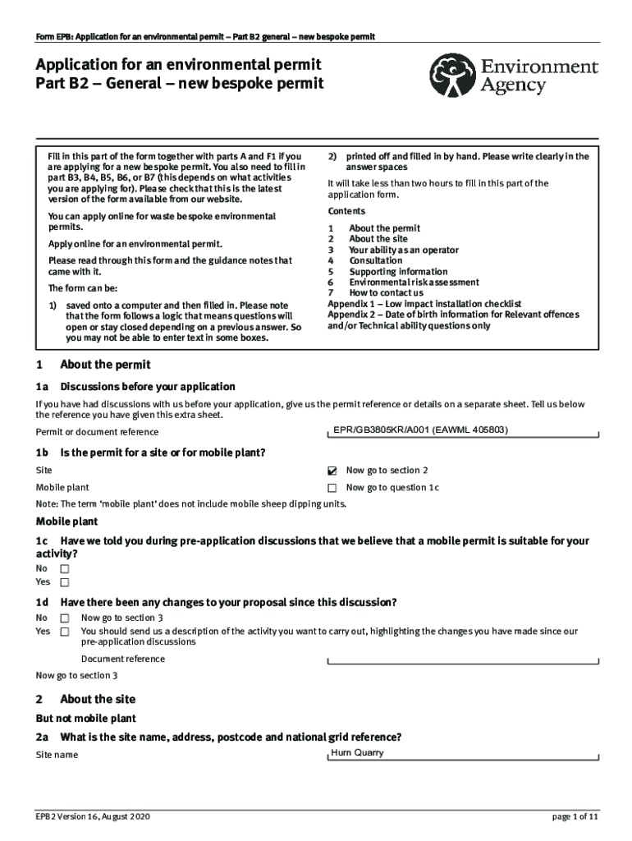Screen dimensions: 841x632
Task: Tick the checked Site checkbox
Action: tap(332, 471)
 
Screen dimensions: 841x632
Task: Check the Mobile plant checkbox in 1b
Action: tap(332, 488)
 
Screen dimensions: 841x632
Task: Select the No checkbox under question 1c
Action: tap(65, 568)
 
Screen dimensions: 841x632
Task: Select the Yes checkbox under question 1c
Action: tap(65, 582)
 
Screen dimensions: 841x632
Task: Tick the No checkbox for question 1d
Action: tap(65, 618)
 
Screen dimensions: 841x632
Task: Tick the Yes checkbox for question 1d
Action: tap(65, 632)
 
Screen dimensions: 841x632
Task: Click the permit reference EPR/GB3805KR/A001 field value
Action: tap(420, 430)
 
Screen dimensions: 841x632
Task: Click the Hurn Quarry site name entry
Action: tap(357, 752)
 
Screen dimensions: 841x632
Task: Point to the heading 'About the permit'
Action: tap(105, 365)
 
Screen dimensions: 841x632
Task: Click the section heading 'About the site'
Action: tap(98, 699)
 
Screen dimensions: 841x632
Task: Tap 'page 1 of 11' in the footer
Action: tap(575, 817)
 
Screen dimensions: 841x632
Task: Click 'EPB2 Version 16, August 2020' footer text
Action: tap(93, 817)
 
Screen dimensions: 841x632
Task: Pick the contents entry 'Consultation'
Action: tap(375, 260)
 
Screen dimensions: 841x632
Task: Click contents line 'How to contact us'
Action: tap(386, 292)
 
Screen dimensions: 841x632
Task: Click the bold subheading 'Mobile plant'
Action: tap(66, 522)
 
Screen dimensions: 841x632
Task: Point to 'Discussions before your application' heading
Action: tap(148, 386)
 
